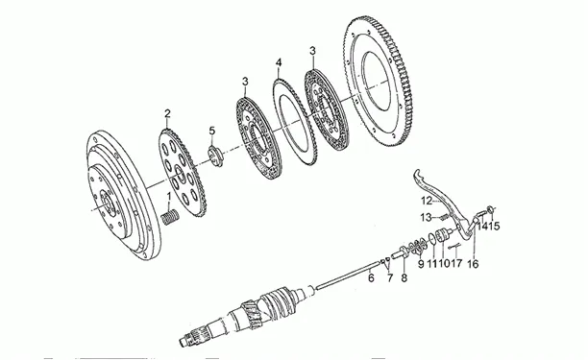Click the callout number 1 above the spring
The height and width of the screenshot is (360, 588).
coord(169,196)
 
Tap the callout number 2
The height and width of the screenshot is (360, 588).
coord(167,113)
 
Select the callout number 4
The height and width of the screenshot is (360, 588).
coord(279,62)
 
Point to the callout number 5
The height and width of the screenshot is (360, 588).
coord(212,131)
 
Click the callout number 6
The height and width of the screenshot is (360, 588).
coord(371,277)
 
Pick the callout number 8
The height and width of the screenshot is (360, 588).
coord(404,277)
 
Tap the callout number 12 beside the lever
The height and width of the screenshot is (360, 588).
coord(427,201)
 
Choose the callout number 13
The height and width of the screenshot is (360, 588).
coord(427,217)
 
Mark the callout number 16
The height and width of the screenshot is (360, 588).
coord(474,264)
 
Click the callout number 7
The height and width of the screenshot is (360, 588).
coord(390,277)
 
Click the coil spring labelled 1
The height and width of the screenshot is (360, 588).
coord(171,217)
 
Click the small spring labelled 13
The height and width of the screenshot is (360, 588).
coord(443,217)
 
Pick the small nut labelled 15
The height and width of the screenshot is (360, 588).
coord(489,209)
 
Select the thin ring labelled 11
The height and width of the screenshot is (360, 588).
coord(431,239)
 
